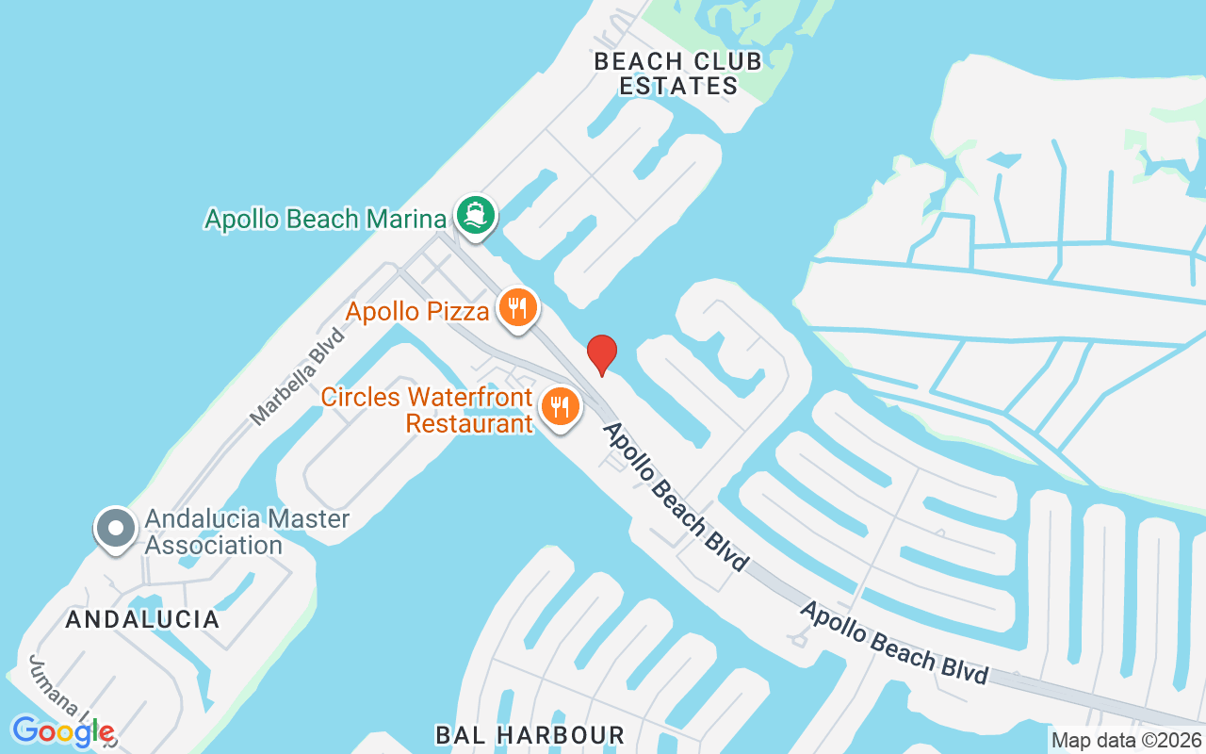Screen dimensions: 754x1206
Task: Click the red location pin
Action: (602, 354)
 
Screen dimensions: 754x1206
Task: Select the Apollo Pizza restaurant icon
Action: (517, 307)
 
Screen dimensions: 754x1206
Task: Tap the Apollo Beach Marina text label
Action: (325, 220)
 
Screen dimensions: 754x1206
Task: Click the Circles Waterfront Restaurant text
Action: (427, 410)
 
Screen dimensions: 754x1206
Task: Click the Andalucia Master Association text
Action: (246, 532)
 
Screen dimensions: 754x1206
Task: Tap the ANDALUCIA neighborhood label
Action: (142, 619)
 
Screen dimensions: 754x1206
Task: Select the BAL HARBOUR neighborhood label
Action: (530, 735)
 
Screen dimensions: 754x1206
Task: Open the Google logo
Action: (62, 730)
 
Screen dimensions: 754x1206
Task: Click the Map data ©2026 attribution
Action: (1126, 740)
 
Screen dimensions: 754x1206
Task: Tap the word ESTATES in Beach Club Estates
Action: (678, 86)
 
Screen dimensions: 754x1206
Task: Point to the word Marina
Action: (405, 220)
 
